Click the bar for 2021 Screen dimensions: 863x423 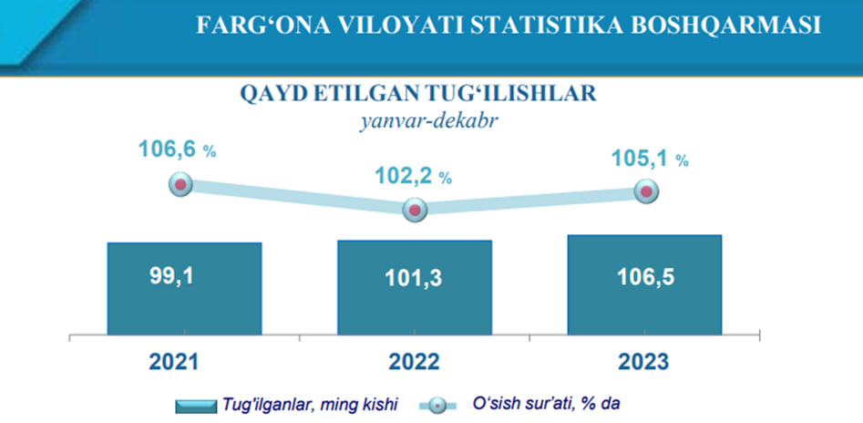tap(184, 289)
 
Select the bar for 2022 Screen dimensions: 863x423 tap(415, 287)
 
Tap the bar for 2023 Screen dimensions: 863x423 tap(644, 284)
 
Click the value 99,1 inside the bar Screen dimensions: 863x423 tap(171, 276)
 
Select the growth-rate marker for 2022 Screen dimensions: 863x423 tap(415, 210)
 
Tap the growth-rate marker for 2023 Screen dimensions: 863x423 tap(646, 191)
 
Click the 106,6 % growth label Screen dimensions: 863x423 tap(177, 150)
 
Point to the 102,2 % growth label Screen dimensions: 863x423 tap(414, 175)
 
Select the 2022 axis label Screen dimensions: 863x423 tap(414, 363)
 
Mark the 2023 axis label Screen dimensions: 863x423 tap(644, 363)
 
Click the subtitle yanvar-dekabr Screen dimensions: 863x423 tap(417, 120)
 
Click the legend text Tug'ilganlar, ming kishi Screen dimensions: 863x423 tap(309, 405)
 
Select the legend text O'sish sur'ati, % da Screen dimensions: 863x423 tap(547, 404)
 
